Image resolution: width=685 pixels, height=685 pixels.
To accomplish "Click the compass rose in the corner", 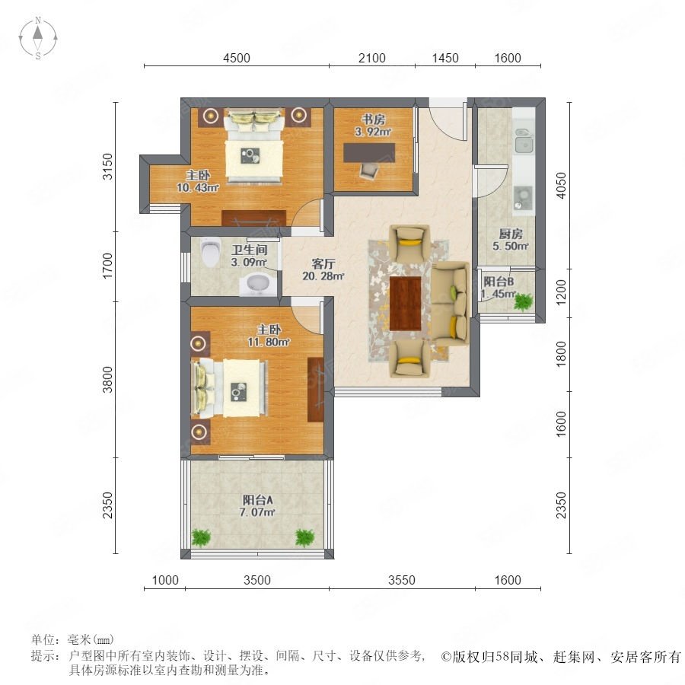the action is point(38,38).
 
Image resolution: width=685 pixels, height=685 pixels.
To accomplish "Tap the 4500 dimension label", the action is point(237,58).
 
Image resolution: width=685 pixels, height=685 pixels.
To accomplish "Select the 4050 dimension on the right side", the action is point(561,186).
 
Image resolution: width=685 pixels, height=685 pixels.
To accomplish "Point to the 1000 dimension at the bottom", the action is point(165,580).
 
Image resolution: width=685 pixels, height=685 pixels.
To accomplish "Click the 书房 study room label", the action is point(373,119).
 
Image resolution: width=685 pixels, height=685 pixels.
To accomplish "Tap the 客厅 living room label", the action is point(323,264).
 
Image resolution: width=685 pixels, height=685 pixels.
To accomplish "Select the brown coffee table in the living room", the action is point(405,303).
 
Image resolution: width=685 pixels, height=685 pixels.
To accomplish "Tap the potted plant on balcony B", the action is point(523,301).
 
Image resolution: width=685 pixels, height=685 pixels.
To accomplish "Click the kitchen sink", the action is point(524,140).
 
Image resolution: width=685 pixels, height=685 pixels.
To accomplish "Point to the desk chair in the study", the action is point(368,170).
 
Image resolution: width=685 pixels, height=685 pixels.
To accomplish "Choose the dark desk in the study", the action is point(369,153).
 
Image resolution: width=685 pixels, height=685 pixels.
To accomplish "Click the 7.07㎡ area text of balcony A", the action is point(257,512).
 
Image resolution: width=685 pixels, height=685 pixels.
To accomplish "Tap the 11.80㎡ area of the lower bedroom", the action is point(269,342).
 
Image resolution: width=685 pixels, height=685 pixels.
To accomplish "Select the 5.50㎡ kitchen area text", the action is point(511,247).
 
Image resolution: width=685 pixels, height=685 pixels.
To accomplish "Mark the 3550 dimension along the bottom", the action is point(401,580).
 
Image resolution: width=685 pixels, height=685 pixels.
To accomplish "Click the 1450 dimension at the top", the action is point(445,58).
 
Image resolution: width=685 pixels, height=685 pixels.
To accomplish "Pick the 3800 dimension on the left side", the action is point(107,380).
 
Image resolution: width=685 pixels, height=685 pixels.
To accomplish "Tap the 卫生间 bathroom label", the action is point(249,250).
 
